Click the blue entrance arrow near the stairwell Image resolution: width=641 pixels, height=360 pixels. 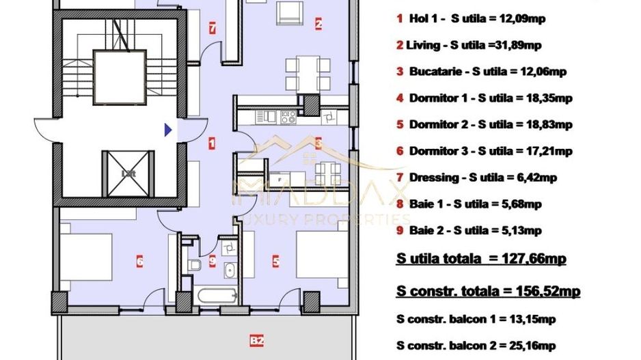click(167, 128)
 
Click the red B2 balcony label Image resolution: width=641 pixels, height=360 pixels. click(257, 340)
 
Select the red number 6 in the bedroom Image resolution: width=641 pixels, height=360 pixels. click(139, 260)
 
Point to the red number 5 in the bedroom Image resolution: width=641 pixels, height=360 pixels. click(275, 260)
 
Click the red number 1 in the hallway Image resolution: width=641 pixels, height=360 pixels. click(213, 143)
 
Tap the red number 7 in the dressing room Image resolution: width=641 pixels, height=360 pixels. click(213, 29)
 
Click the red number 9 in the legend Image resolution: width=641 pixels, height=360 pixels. click(399, 230)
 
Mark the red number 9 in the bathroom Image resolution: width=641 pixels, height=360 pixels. click(213, 260)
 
